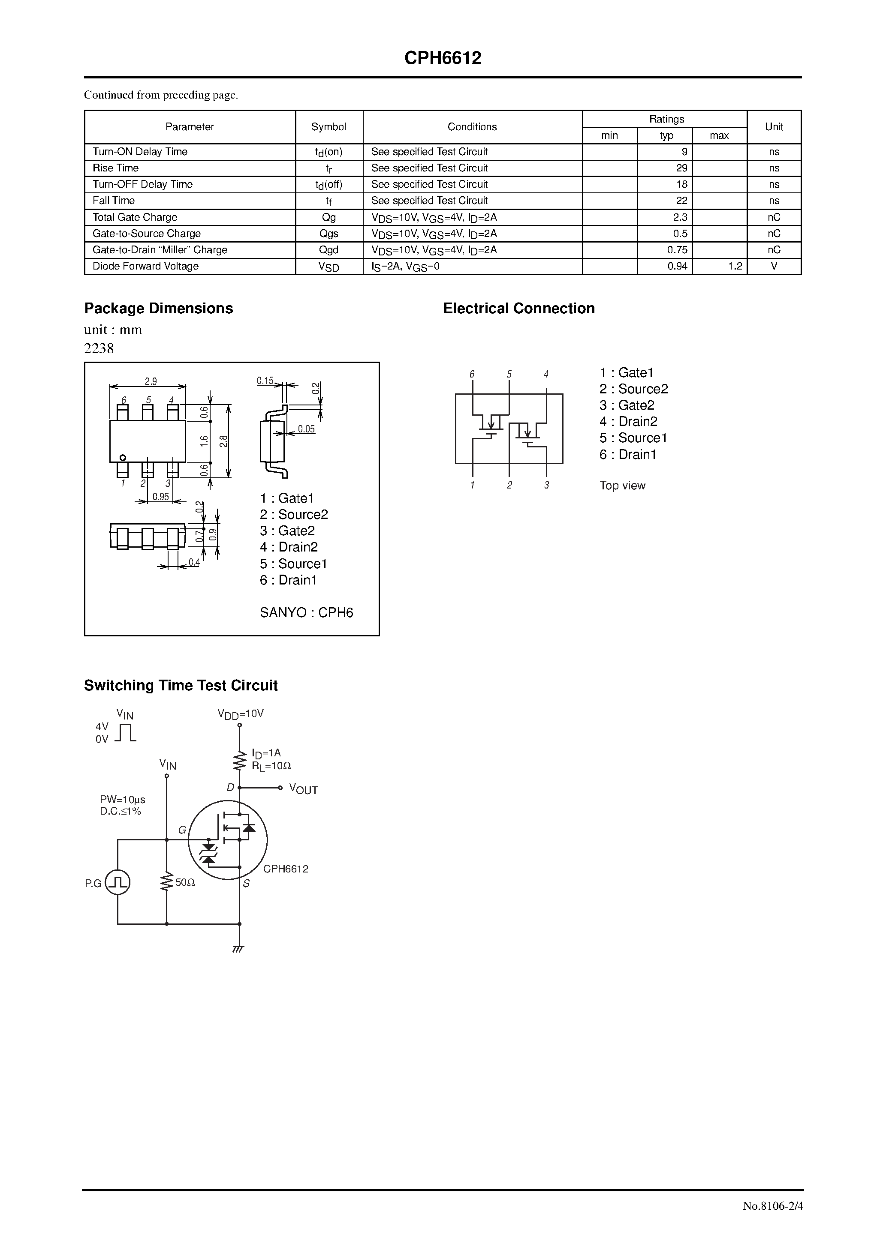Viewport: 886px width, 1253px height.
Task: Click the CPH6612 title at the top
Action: pos(443,58)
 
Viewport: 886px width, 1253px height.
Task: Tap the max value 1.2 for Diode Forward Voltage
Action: pos(735,266)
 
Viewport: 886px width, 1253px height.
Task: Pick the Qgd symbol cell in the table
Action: pos(329,250)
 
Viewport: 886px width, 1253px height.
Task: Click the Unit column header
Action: pos(774,126)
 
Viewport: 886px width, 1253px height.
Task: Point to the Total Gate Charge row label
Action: pos(135,217)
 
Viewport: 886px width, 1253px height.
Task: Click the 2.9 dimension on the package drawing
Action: pos(151,381)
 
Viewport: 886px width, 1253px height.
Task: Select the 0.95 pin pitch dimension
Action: pos(160,497)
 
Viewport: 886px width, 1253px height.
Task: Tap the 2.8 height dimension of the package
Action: pos(223,441)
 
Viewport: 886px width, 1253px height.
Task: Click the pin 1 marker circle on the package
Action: pos(123,457)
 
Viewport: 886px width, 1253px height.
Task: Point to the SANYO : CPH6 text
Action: pos(307,612)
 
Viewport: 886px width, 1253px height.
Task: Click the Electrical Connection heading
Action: pos(518,309)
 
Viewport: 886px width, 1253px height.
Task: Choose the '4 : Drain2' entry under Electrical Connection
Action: pos(628,421)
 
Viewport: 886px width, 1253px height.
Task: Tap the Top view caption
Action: pos(622,486)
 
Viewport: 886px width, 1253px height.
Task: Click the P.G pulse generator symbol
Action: pos(118,882)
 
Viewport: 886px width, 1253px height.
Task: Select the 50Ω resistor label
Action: pos(185,882)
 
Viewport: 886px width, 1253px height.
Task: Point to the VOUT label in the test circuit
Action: pos(303,789)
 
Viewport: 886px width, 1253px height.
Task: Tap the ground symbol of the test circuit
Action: pos(238,949)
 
